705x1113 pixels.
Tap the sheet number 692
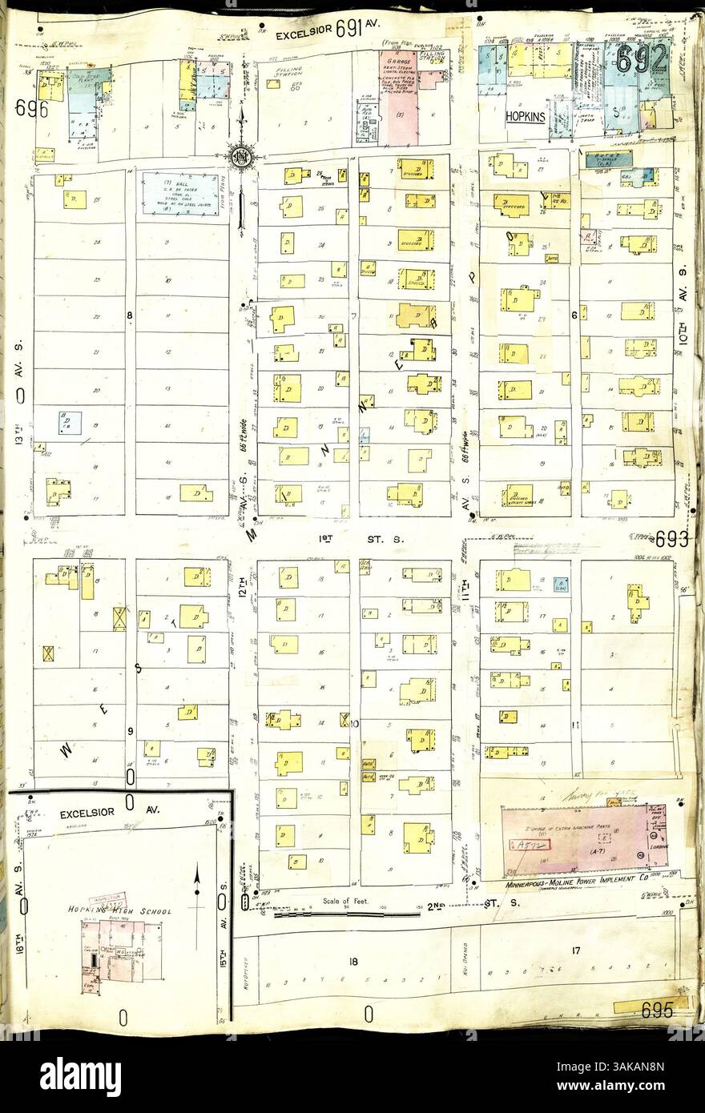642,58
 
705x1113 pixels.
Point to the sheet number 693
671,539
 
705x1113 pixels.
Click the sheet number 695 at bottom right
656,1011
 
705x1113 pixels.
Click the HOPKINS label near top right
525,116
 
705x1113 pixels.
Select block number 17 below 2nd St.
574,950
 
